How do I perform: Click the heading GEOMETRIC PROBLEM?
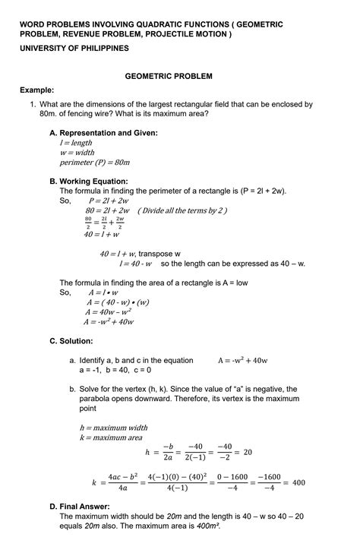[179, 76]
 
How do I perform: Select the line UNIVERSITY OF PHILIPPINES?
[74, 48]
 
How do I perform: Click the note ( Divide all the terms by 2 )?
[182, 210]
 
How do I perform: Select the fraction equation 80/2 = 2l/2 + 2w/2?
[104, 223]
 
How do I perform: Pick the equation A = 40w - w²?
[109, 311]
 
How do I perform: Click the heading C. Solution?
[71, 341]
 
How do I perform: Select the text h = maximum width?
[113, 428]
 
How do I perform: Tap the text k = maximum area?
[111, 438]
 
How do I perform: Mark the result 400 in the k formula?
[298, 482]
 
